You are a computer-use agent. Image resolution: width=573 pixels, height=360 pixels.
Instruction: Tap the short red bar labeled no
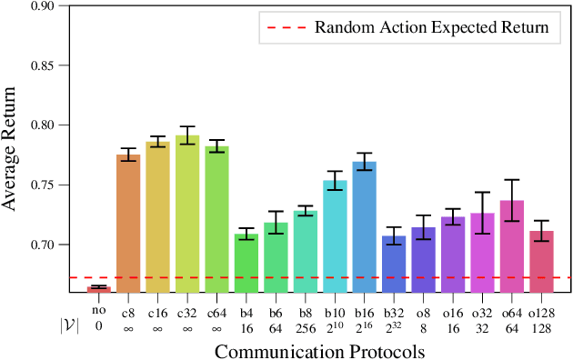click(x=99, y=288)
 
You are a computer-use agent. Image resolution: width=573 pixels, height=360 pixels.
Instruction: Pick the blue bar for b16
click(x=364, y=226)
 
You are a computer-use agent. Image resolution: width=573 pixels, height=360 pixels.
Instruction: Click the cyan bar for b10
click(x=335, y=235)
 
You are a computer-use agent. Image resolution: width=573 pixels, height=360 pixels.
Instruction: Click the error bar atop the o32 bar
click(x=482, y=213)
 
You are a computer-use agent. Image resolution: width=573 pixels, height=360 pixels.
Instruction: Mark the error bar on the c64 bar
click(x=216, y=145)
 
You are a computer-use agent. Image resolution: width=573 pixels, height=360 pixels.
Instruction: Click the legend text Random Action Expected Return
click(x=431, y=27)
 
